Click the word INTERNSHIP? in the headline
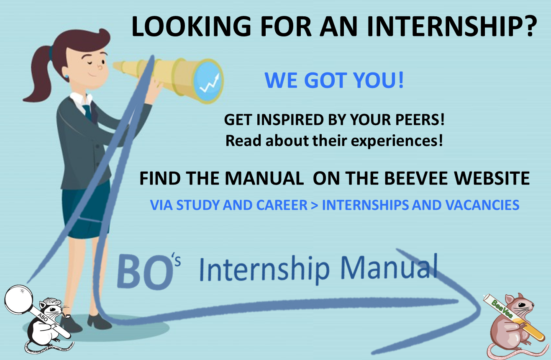click(x=452, y=26)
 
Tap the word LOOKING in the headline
click(x=191, y=26)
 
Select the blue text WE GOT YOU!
click(x=334, y=80)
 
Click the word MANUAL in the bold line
click(x=264, y=178)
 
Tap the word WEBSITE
click(x=492, y=178)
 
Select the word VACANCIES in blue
click(x=482, y=205)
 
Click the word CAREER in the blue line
click(x=282, y=205)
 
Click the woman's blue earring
click(x=67, y=76)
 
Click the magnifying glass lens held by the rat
click(x=19, y=299)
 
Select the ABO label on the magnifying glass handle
click(x=43, y=318)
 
